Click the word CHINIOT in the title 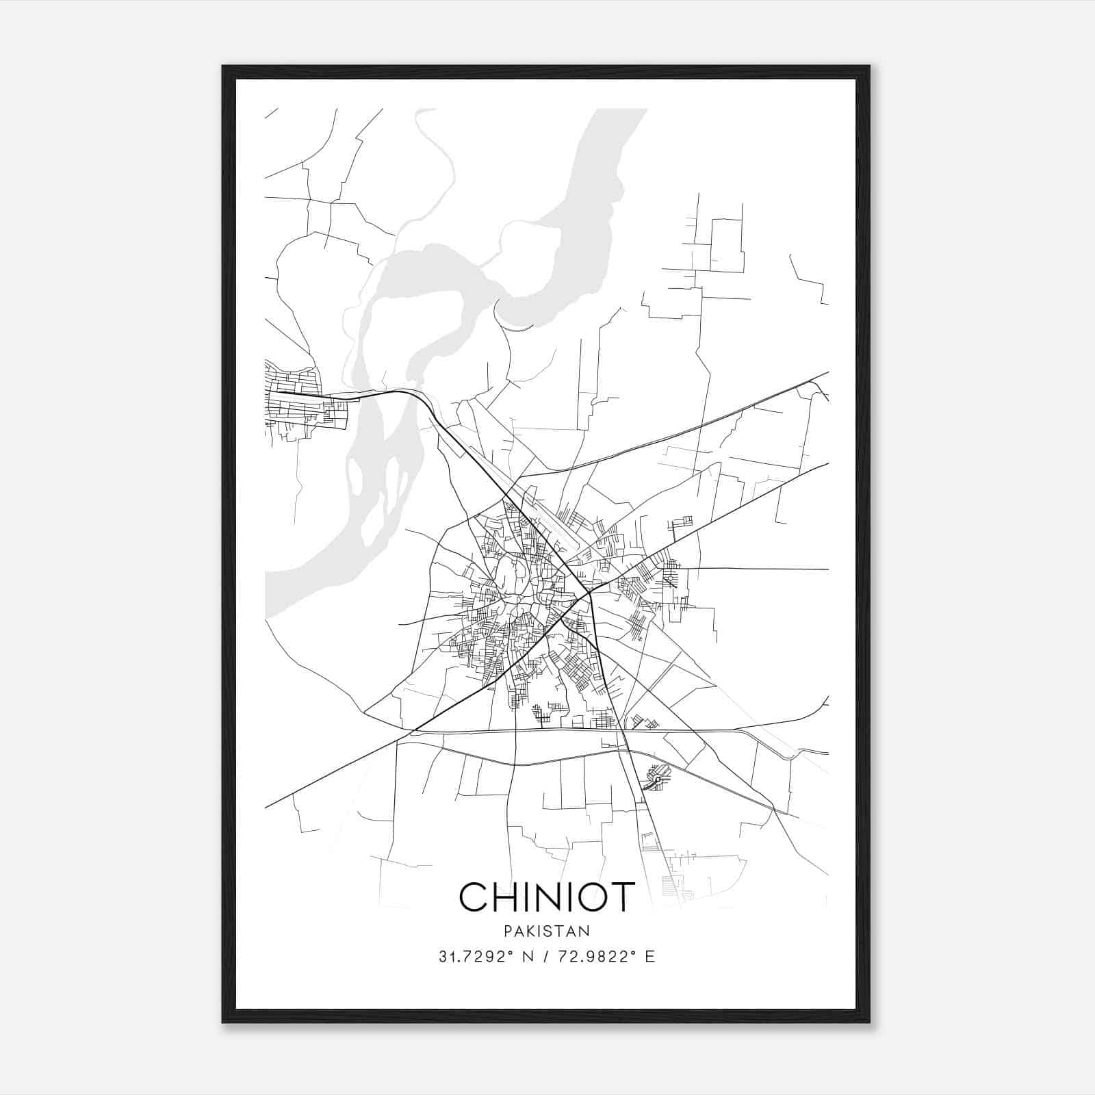point(547,897)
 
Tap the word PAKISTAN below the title point(547,931)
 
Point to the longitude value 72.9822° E point(606,957)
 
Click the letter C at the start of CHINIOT point(474,897)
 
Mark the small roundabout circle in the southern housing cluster point(658,780)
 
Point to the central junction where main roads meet point(589,594)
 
